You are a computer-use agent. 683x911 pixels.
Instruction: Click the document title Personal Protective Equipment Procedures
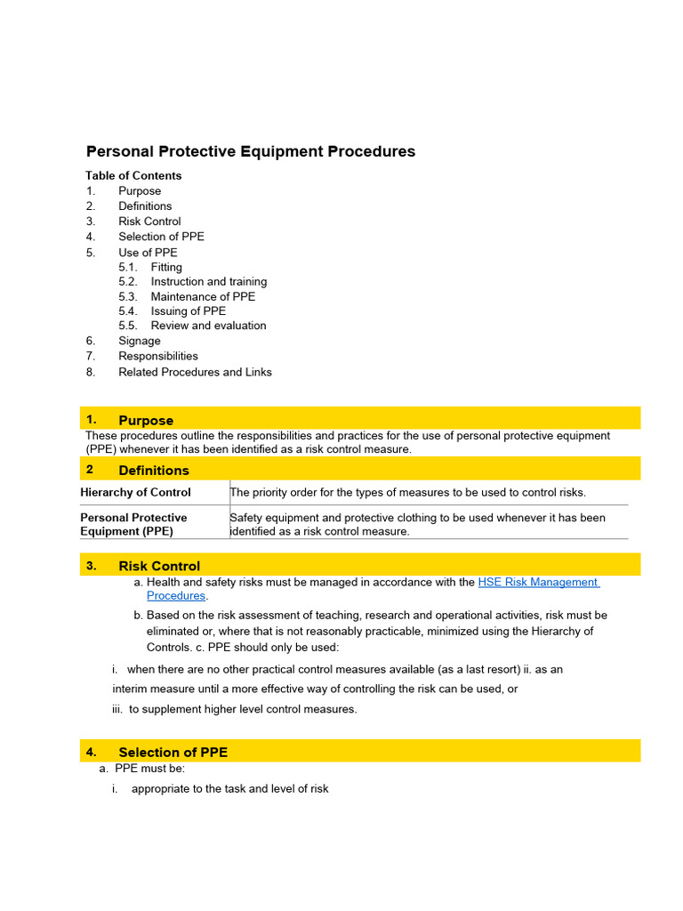pyautogui.click(x=250, y=151)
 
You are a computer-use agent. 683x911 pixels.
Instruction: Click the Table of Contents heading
pyautogui.click(x=133, y=175)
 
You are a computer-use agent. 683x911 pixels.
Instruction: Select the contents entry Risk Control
pyautogui.click(x=149, y=222)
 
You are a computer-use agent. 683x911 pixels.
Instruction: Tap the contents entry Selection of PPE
pyautogui.click(x=161, y=237)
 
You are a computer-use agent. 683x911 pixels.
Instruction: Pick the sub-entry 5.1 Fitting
pyautogui.click(x=165, y=267)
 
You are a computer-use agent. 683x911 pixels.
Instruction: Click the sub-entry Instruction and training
pyautogui.click(x=208, y=282)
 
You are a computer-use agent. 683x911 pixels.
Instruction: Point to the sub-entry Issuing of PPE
pyautogui.click(x=188, y=311)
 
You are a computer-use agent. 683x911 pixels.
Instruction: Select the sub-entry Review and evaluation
pyautogui.click(x=208, y=326)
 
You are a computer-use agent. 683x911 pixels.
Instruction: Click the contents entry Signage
pyautogui.click(x=140, y=341)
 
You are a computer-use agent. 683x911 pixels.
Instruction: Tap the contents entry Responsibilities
pyautogui.click(x=158, y=356)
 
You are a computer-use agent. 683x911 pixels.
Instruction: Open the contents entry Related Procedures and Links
pyautogui.click(x=195, y=372)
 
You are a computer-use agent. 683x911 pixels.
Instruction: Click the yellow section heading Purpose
pyautogui.click(x=146, y=420)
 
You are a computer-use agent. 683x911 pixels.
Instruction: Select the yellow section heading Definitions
pyautogui.click(x=154, y=470)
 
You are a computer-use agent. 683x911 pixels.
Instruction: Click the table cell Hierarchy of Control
pyautogui.click(x=135, y=492)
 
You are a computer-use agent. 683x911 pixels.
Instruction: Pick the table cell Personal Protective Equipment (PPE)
pyautogui.click(x=133, y=524)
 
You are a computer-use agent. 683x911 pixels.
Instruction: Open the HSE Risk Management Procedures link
pyautogui.click(x=537, y=583)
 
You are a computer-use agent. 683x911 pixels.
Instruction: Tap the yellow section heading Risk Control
pyautogui.click(x=159, y=566)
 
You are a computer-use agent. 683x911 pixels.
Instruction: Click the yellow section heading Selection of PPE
pyautogui.click(x=173, y=752)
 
